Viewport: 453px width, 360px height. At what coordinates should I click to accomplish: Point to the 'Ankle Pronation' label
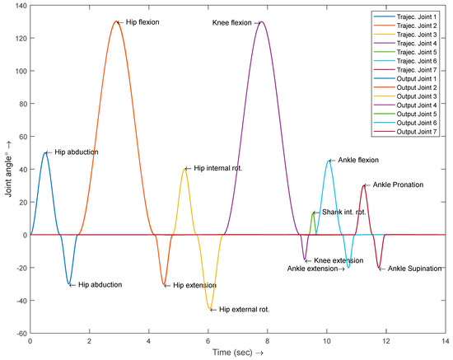point(398,185)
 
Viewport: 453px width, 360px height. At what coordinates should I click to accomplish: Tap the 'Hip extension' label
point(197,285)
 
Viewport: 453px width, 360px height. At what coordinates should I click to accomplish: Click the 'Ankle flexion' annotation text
point(360,161)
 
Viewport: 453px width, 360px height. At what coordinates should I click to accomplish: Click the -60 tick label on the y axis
point(18,334)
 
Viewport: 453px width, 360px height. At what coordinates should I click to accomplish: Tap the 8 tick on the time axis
point(266,340)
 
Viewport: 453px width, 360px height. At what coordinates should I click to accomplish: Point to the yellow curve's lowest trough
point(211,310)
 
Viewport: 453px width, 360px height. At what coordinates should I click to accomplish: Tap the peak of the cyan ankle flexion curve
point(329,161)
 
